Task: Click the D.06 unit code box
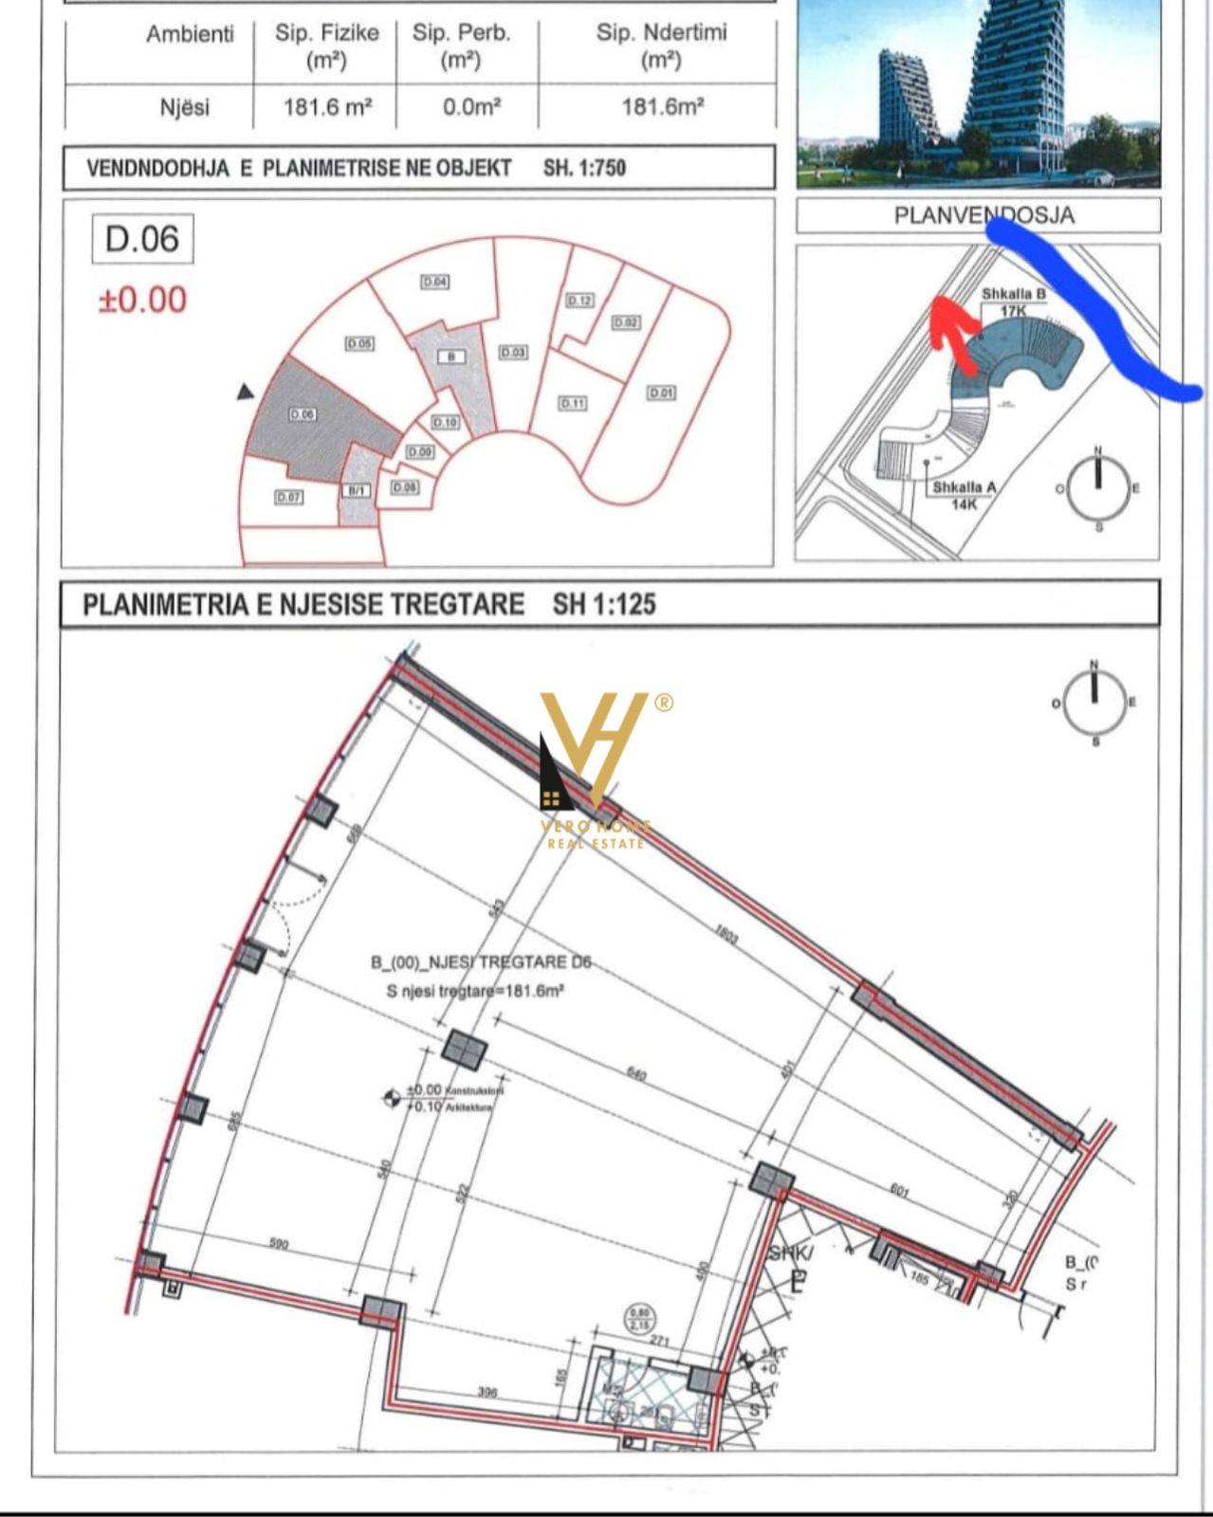point(142,239)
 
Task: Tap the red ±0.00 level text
point(143,301)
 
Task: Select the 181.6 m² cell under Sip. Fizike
point(327,107)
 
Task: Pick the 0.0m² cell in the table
point(471,107)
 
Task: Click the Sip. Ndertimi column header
point(661,46)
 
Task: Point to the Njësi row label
point(185,107)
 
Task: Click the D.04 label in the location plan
point(435,282)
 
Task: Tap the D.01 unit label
point(661,393)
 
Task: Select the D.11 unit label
point(572,403)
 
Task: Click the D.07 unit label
point(288,496)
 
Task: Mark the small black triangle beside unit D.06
point(246,392)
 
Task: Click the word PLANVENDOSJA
point(983,216)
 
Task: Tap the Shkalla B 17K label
point(1013,302)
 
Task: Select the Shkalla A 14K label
point(964,495)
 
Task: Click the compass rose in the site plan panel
point(1098,488)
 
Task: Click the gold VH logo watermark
point(595,749)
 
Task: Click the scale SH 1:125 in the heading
point(604,605)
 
